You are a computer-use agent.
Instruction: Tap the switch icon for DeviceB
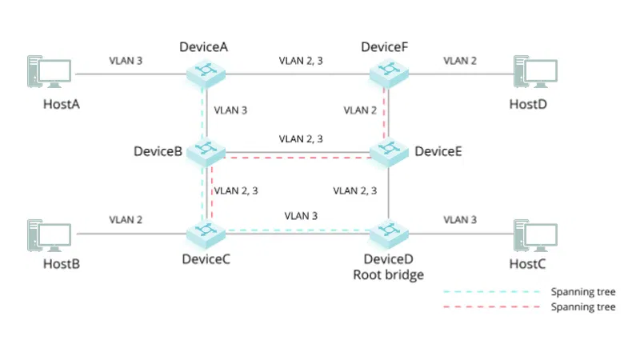click(x=206, y=150)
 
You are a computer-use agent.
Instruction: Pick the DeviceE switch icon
click(x=389, y=150)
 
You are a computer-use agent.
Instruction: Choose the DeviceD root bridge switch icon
click(x=389, y=234)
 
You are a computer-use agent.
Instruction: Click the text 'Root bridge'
click(x=389, y=274)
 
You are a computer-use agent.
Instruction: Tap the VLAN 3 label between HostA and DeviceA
click(x=126, y=60)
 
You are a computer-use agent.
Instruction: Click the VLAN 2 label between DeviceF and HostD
click(x=461, y=60)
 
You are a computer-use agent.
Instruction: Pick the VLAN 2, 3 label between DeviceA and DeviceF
click(x=301, y=60)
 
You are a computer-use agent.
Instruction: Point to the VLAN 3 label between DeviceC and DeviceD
click(x=301, y=216)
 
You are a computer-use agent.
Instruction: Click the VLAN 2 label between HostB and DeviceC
click(x=126, y=219)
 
